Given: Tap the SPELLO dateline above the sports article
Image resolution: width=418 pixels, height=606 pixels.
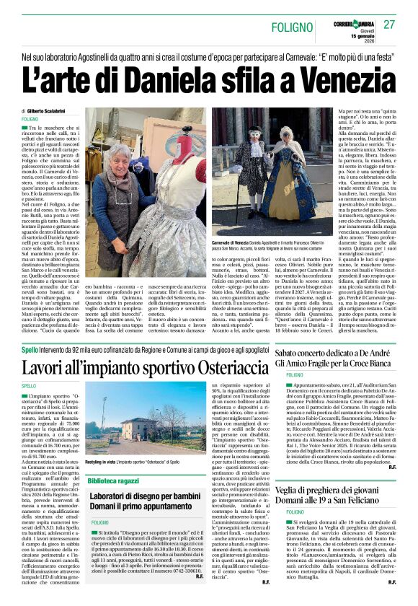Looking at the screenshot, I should (30, 385).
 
